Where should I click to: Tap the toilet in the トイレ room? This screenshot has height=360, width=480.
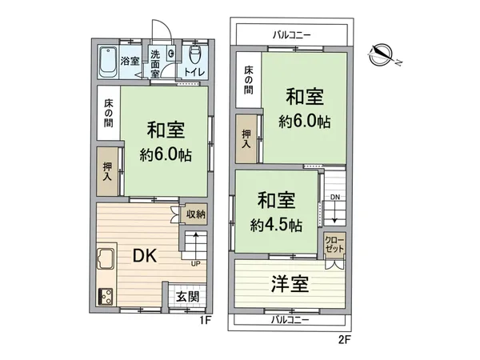tap(194, 55)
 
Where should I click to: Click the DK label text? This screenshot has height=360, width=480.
tap(144, 255)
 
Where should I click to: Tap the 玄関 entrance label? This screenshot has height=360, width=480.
tap(188, 297)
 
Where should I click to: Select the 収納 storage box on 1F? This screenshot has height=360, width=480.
tap(196, 214)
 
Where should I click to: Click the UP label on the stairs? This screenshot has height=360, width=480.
tap(195, 263)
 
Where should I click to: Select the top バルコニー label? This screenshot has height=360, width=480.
tap(292, 34)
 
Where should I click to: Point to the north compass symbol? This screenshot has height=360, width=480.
tap(383, 54)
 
